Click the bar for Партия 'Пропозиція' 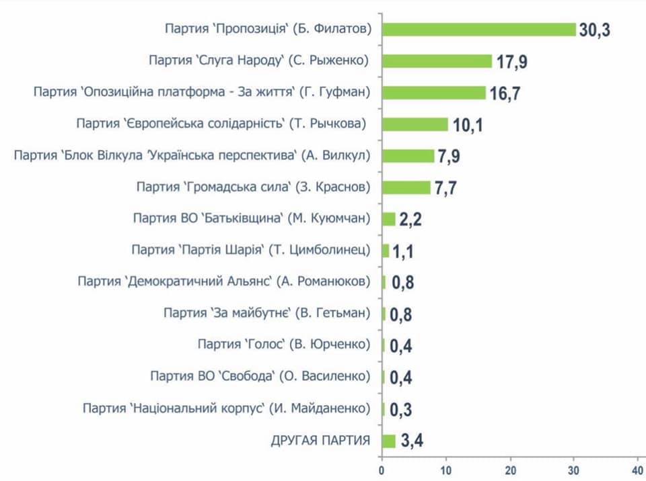point(478,30)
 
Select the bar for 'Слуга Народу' point(437,61)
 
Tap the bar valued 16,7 point(433,92)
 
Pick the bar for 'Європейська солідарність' point(415,124)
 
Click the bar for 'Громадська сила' point(406,187)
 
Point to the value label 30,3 point(594,30)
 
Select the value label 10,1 point(467,125)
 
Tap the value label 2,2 point(410,220)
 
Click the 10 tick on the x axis point(445,469)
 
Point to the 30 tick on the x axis point(574,469)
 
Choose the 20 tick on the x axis point(510,469)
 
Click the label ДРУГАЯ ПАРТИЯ point(320,441)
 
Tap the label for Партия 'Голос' point(283,345)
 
